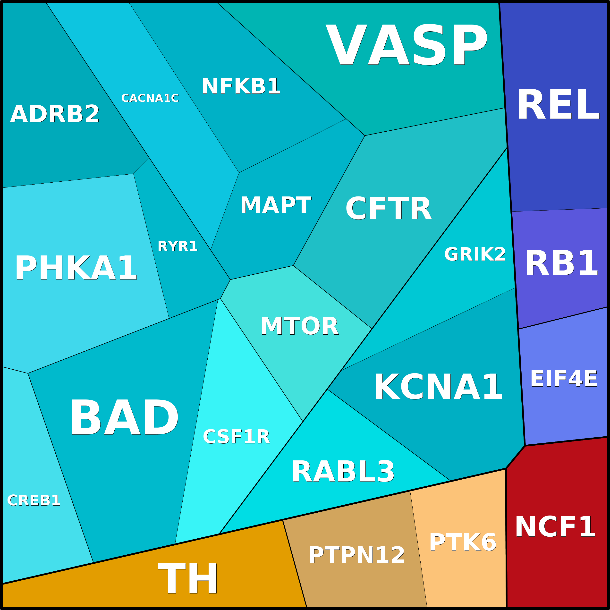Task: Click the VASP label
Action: tap(407, 45)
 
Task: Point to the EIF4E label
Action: tap(564, 379)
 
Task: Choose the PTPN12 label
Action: tap(357, 555)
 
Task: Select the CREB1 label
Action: tap(34, 500)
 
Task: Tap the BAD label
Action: tap(124, 417)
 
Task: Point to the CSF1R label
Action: tap(237, 437)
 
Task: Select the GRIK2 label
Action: tap(475, 254)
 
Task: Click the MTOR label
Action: tap(300, 326)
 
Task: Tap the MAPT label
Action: tap(276, 205)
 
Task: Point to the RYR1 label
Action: tap(178, 246)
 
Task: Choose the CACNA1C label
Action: tap(150, 98)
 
